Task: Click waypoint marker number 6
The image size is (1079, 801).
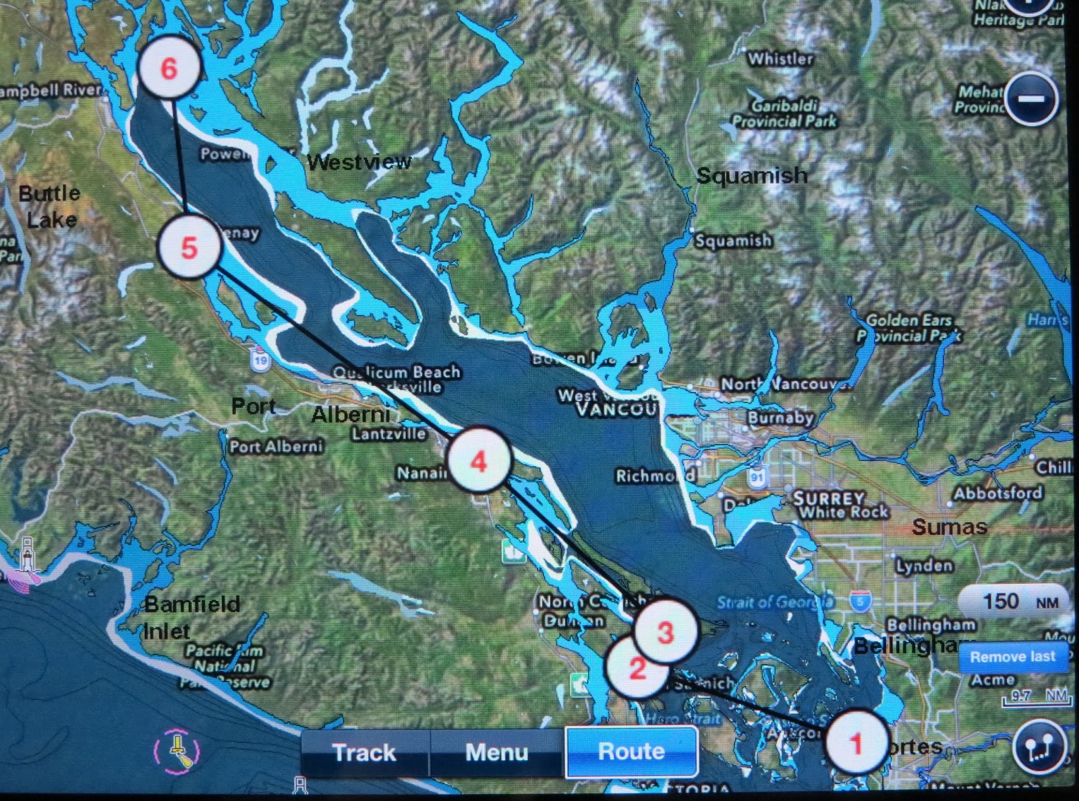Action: tap(169, 67)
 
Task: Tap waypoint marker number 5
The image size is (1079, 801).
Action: tap(189, 247)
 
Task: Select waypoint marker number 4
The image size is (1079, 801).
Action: tap(479, 461)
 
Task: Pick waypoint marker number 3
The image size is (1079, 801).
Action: tap(666, 631)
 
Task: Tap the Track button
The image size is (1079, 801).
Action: tap(364, 752)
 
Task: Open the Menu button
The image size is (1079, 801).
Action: tap(496, 752)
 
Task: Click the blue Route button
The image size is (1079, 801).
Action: tap(631, 751)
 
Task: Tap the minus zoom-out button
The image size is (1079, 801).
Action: tap(1030, 99)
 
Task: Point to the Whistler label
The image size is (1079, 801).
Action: tap(780, 59)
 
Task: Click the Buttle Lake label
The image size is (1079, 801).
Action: tap(50, 206)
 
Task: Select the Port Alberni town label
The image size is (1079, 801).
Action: tap(276, 446)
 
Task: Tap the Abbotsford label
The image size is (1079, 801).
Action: tap(997, 493)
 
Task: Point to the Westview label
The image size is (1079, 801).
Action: tap(359, 162)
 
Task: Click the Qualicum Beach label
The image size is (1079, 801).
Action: tap(397, 372)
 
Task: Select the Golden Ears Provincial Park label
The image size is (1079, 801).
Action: tap(909, 328)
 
